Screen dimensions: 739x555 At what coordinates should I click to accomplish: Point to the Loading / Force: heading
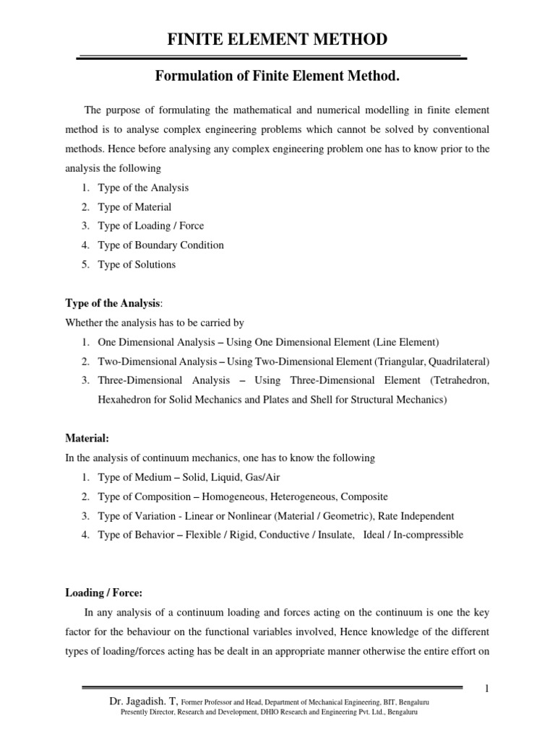pyautogui.click(x=104, y=592)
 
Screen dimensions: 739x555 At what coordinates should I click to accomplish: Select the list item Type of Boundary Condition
pyautogui.click(x=160, y=245)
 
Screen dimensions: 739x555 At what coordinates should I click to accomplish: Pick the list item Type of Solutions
pyautogui.click(x=137, y=264)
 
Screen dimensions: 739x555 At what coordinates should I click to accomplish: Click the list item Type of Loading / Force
pyautogui.click(x=150, y=226)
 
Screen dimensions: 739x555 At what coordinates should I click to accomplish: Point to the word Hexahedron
pyautogui.click(x=124, y=399)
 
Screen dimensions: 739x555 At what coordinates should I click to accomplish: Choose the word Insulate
pyautogui.click(x=335, y=535)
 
